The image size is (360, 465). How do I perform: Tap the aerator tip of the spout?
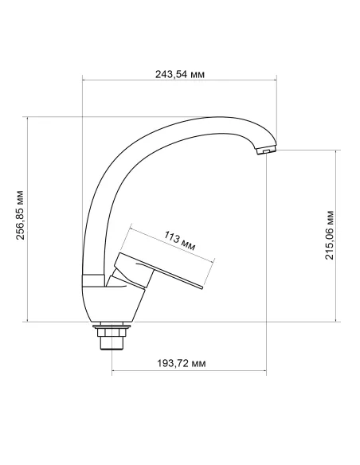[x=264, y=151]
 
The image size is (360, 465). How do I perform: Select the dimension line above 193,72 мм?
[x=187, y=372]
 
